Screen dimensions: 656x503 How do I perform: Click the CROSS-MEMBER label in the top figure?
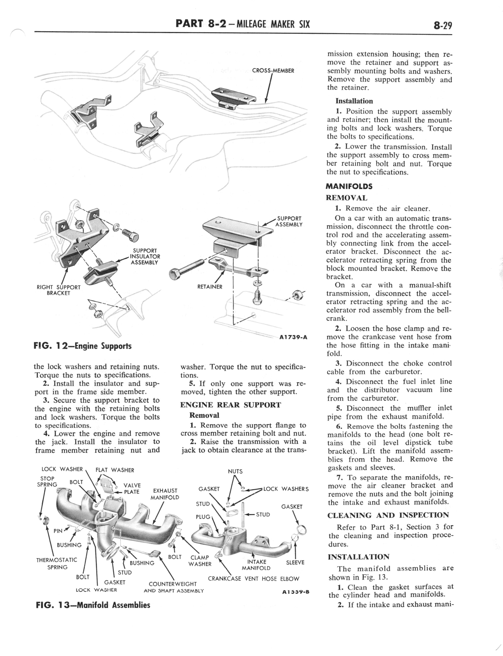point(273,71)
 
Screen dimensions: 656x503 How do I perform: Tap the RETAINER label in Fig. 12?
point(210,287)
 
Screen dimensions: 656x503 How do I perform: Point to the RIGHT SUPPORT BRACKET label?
point(59,290)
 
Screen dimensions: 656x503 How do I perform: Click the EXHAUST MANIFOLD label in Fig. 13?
point(165,494)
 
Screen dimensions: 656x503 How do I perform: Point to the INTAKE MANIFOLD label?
point(256,565)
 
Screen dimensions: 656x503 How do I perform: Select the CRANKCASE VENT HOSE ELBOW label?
point(254,579)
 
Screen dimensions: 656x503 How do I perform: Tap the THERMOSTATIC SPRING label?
point(57,563)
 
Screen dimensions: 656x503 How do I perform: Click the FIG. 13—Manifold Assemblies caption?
point(93,605)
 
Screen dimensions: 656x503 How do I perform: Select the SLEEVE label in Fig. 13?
point(295,563)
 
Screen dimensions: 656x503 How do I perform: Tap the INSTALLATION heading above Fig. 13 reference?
point(358,557)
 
